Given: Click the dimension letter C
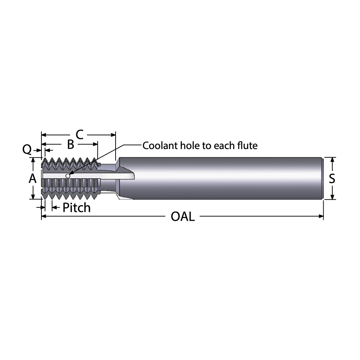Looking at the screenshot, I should [x=80, y=135].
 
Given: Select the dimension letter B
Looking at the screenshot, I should [x=71, y=145].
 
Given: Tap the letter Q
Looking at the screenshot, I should [x=27, y=149].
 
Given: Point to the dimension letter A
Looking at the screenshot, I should [x=33, y=178].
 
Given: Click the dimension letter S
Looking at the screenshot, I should [x=332, y=178].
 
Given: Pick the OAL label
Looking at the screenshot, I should [x=183, y=217].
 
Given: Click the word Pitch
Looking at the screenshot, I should [x=76, y=208].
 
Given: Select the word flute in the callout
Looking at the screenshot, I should [x=248, y=146].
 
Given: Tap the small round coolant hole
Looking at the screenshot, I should [x=67, y=176].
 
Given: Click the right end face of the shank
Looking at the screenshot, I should [x=322, y=178].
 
